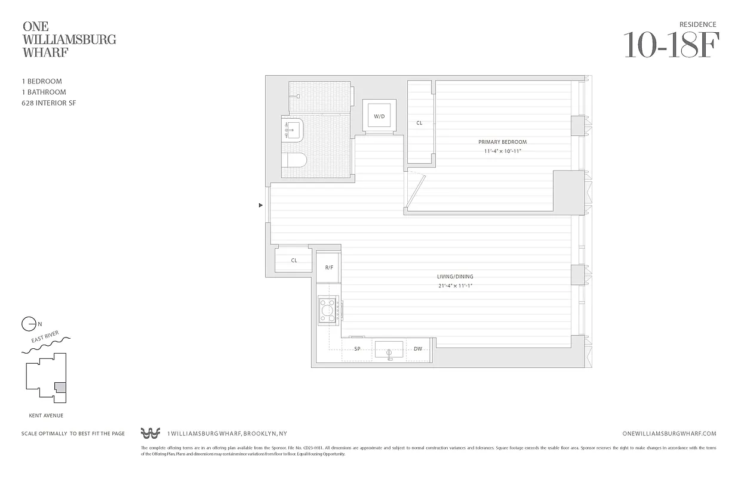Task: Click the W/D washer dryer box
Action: (x=379, y=116)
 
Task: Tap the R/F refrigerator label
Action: (x=329, y=268)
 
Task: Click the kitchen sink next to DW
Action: (x=389, y=350)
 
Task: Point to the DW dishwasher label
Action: (x=418, y=349)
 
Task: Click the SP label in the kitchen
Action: (x=357, y=349)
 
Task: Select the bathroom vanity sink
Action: (x=293, y=129)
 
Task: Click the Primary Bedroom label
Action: (x=502, y=142)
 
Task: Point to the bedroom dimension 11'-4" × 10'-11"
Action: (x=502, y=151)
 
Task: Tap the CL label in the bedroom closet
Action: (x=419, y=123)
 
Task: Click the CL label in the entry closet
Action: (x=294, y=261)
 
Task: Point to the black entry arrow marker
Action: (x=260, y=205)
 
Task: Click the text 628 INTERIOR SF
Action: (x=48, y=103)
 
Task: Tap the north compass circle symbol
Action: (x=28, y=324)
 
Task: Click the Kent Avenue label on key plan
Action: (x=46, y=416)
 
